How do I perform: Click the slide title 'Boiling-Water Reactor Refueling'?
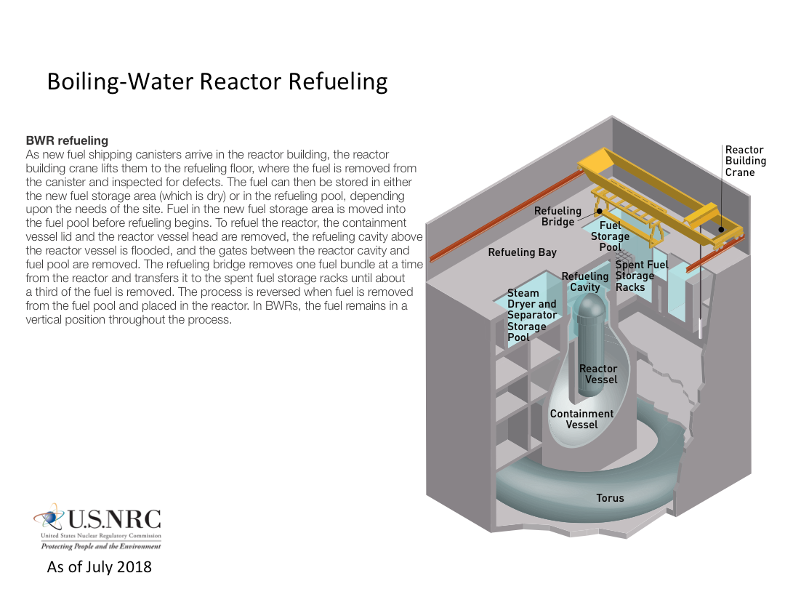pos(217,81)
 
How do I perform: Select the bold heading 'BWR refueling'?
pos(67,140)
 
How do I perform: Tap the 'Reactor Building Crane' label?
pos(745,161)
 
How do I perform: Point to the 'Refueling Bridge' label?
pos(557,216)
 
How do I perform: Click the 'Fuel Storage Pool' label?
pos(610,236)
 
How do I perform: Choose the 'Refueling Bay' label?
pos(522,252)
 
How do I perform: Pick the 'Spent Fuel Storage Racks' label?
pos(641,276)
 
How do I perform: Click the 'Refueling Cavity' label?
pos(585,281)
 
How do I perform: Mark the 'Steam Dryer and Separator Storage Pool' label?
pos(531,315)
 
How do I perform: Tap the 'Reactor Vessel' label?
pos(598,374)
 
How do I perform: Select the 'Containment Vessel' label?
pos(581,419)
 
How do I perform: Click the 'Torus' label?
pos(610,498)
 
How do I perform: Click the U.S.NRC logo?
pos(97,526)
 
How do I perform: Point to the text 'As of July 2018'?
pos(100,566)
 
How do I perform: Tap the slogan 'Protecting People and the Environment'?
pos(100,546)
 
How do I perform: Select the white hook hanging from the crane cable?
pos(699,328)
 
